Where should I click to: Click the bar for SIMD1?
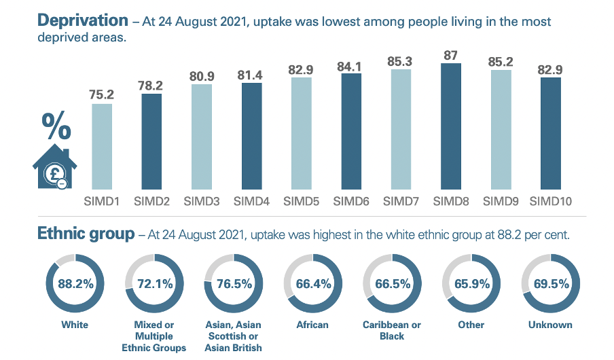coord(101,146)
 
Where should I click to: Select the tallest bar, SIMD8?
coord(450,126)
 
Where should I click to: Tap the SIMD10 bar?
coord(551,133)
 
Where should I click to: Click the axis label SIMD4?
coord(251,201)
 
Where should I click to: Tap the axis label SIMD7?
coord(401,201)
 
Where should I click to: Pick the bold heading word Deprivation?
coord(82,22)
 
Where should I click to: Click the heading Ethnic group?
coord(86,235)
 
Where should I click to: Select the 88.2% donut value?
coord(74,285)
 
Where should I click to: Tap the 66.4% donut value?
coord(312,285)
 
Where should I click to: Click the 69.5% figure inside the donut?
coord(549,285)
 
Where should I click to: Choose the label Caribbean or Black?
coord(392,330)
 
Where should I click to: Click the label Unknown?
coord(549,325)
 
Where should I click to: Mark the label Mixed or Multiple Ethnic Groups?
coord(153,336)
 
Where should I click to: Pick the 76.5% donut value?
coord(233,285)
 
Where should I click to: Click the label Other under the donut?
coord(471,325)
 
